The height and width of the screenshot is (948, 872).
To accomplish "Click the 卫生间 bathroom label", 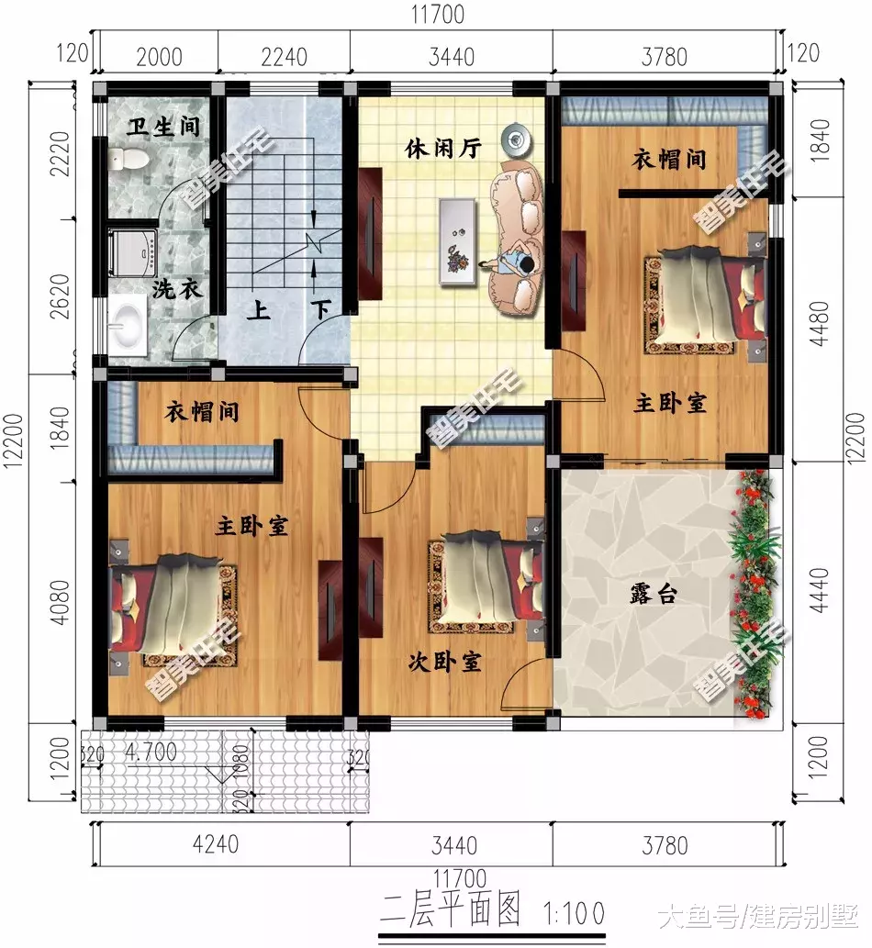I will tap(164, 126).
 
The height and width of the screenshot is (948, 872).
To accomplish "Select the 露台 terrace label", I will tap(654, 594).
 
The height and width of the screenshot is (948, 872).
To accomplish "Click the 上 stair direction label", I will tap(258, 310).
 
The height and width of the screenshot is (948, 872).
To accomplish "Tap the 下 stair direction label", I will tap(321, 310).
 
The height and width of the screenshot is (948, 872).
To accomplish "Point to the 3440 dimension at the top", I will tap(452, 57).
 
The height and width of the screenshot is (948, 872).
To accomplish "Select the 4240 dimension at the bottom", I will tap(218, 842).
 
